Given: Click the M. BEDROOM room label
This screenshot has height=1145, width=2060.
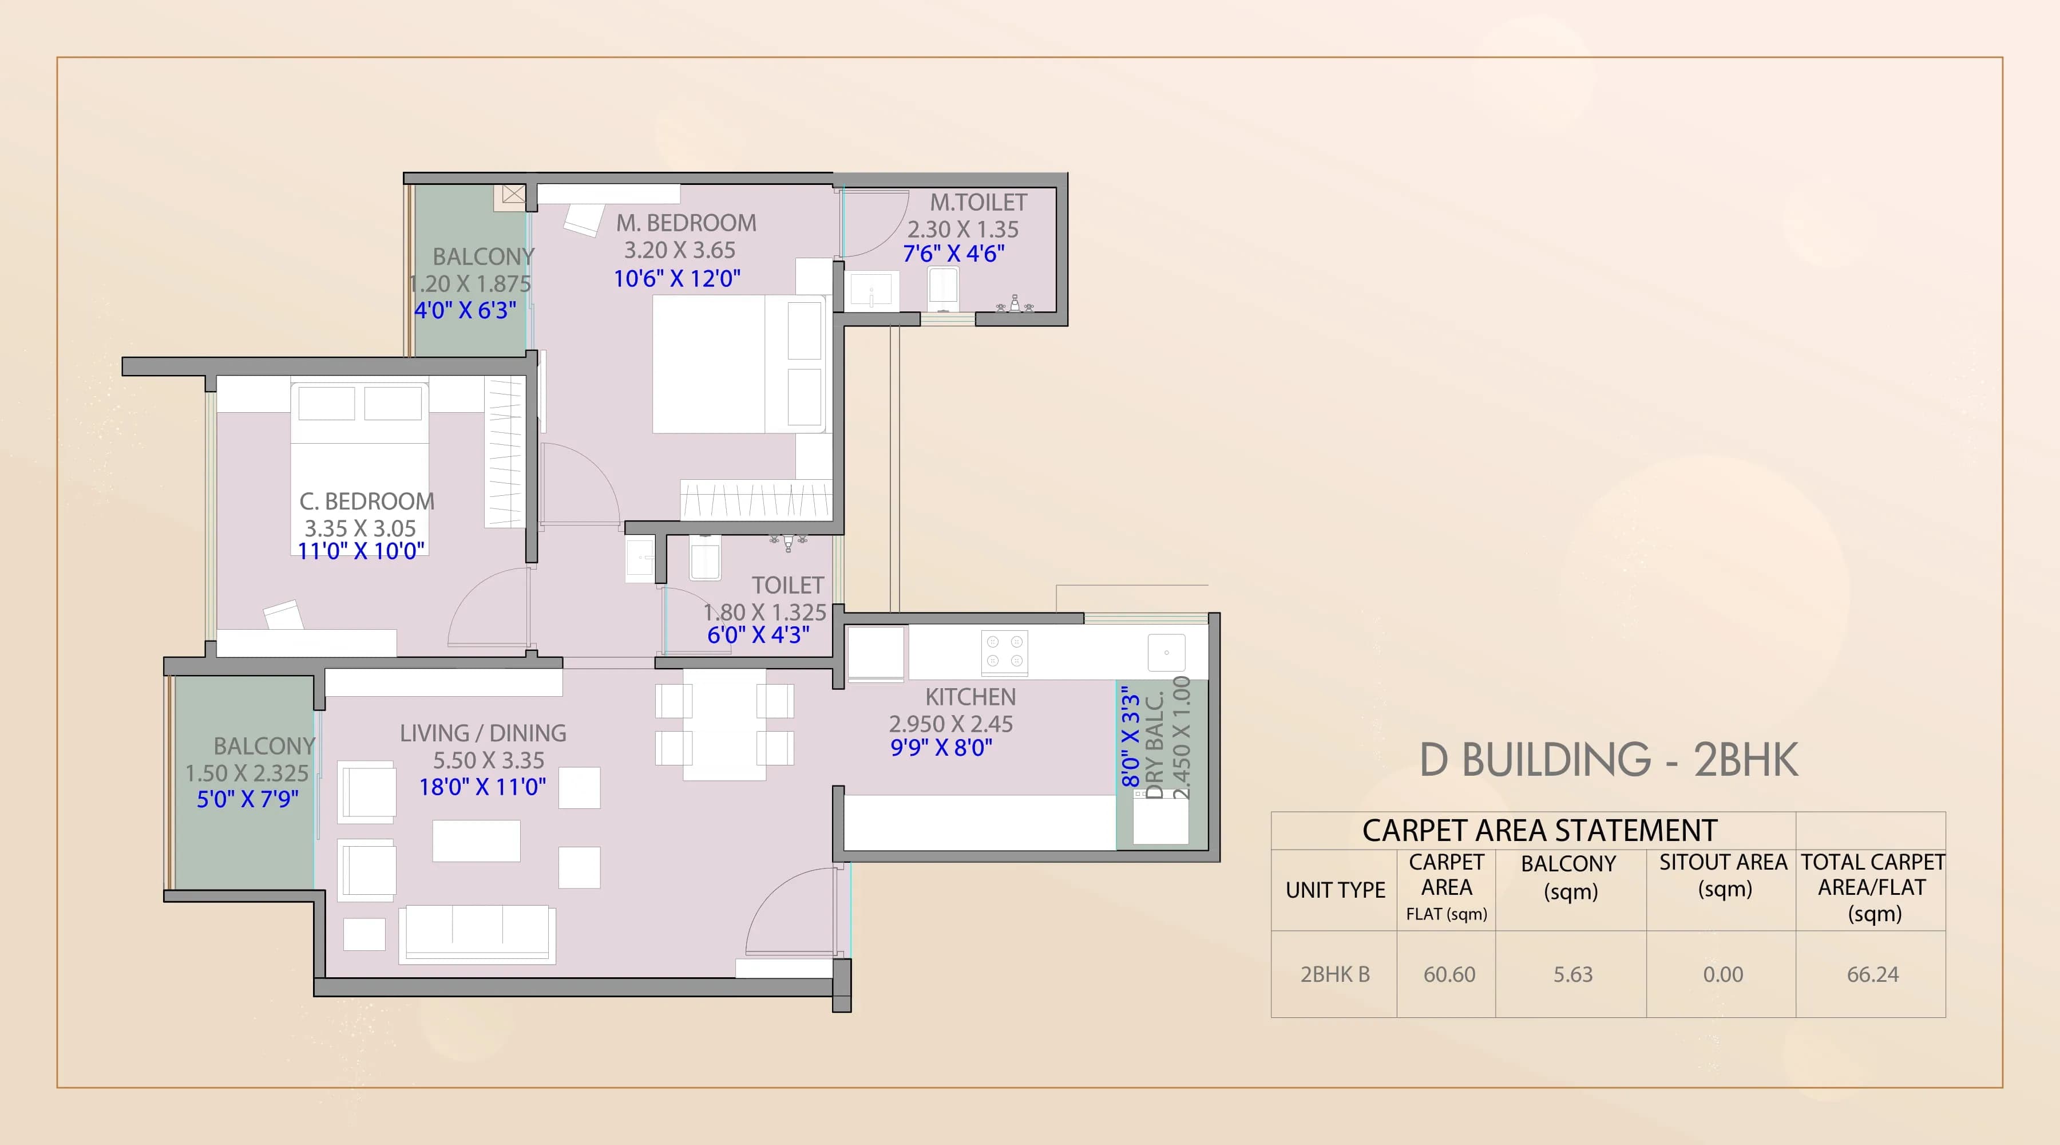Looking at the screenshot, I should [686, 223].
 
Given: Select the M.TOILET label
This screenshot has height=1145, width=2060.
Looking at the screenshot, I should [977, 203].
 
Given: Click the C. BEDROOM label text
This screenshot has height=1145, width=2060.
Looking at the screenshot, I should [366, 502].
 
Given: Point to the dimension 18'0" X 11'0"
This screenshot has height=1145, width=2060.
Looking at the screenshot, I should [482, 787].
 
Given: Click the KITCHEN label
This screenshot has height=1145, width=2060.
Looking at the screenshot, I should [970, 697].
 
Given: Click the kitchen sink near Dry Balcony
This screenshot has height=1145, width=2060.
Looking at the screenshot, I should [1166, 652].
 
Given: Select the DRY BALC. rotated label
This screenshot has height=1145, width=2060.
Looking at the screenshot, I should [1154, 744].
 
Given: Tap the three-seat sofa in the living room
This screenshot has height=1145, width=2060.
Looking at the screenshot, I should [477, 933].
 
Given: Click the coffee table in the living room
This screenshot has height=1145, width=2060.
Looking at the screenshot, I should [476, 840].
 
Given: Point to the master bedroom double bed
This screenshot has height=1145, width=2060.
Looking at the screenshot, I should [738, 364].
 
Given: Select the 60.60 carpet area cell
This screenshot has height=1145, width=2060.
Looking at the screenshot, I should [1448, 974].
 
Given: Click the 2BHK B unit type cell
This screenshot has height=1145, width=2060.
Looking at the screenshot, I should [1334, 974].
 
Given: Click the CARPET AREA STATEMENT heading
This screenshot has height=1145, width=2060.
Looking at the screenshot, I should [1539, 831].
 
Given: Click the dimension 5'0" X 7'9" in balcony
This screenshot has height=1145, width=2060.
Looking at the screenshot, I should [247, 799].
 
